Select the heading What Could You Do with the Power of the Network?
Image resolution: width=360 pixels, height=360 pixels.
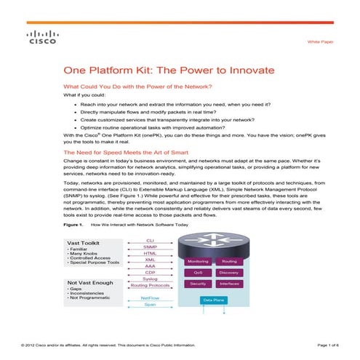(x=137, y=87)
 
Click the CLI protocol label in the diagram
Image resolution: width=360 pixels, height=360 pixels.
(x=150, y=239)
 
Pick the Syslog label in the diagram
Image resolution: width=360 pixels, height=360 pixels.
(x=150, y=279)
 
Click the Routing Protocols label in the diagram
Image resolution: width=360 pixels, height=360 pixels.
(x=150, y=286)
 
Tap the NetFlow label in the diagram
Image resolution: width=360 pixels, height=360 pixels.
(x=150, y=297)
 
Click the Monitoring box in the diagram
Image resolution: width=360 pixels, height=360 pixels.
(x=198, y=260)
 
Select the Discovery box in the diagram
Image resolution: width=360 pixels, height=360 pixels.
(x=229, y=273)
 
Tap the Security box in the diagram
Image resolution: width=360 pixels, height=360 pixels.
(x=198, y=284)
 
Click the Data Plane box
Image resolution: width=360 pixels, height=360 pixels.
(x=213, y=300)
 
